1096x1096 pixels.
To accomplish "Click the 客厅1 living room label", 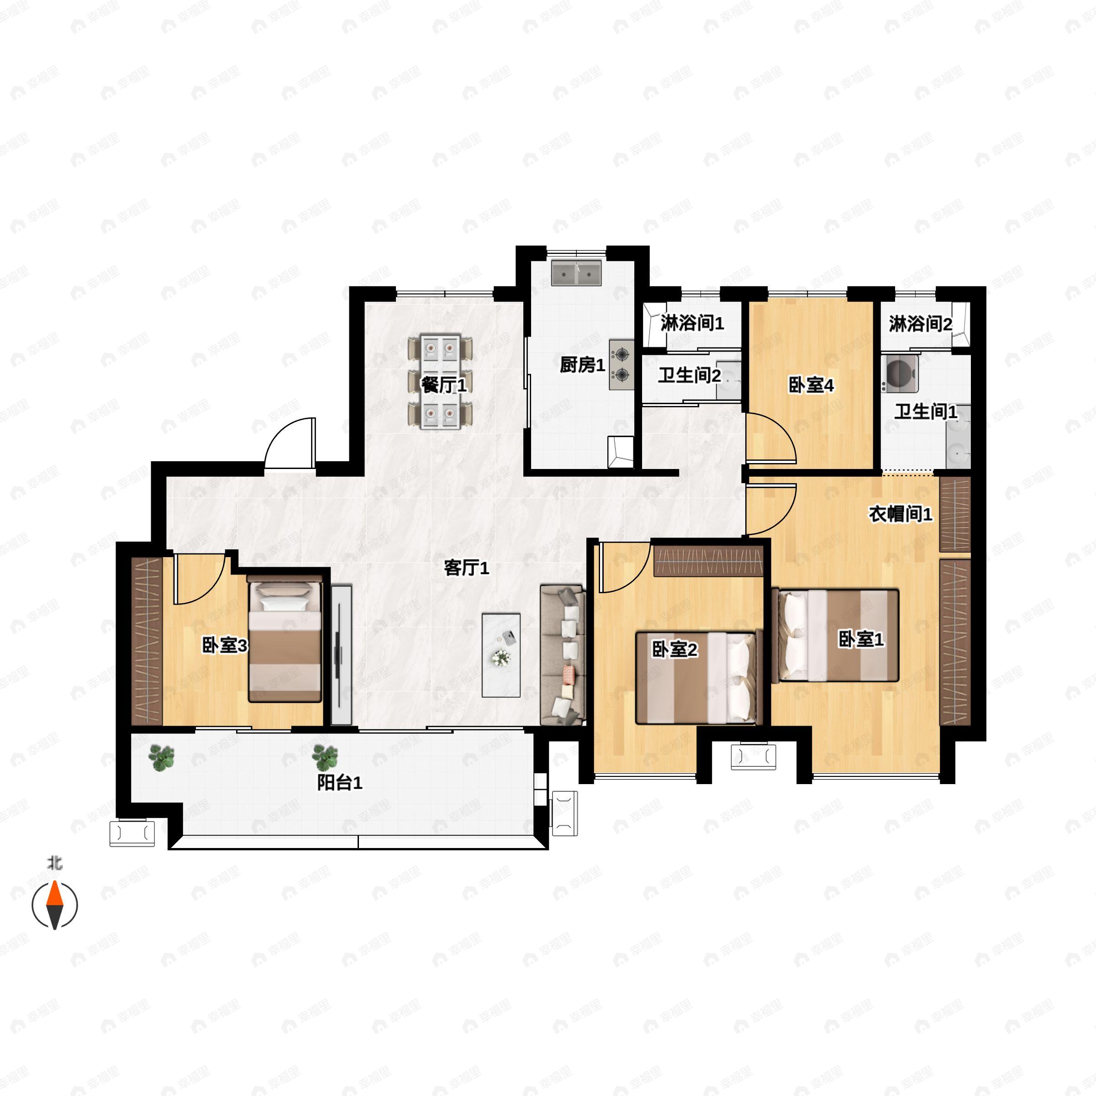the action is pyautogui.click(x=466, y=567).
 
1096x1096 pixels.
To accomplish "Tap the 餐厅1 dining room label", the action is pyautogui.click(x=443, y=385).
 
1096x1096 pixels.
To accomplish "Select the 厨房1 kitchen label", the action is pyautogui.click(x=583, y=365).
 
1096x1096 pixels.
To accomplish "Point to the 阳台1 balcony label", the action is pyautogui.click(x=339, y=783).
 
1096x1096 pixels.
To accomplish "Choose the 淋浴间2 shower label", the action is pyautogui.click(x=921, y=324).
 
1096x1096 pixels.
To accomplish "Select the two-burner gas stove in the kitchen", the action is pyautogui.click(x=622, y=364).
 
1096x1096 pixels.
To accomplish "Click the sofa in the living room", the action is pyautogui.click(x=563, y=655).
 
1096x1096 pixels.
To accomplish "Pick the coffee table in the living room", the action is pyautogui.click(x=501, y=655).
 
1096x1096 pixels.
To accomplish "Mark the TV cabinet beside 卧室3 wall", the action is pyautogui.click(x=342, y=655).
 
